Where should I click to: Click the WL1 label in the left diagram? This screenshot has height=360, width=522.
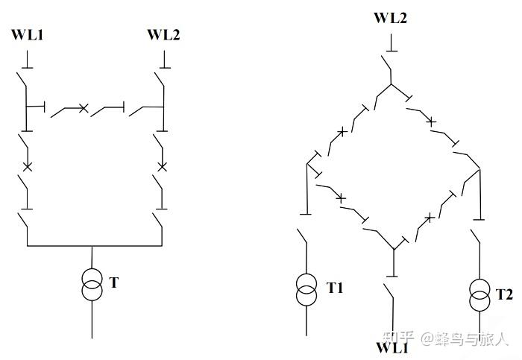28,34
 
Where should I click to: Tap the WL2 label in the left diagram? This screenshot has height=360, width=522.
163,34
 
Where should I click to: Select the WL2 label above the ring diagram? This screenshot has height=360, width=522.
390,17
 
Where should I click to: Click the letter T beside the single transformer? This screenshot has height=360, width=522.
113,282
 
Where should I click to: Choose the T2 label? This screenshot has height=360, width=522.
504,294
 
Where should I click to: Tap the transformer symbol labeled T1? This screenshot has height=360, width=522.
307,289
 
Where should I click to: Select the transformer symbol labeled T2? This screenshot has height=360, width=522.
479,295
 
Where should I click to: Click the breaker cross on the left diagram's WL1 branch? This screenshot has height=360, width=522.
28,165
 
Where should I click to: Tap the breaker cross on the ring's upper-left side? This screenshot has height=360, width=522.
342,132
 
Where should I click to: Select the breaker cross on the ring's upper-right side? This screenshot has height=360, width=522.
430,120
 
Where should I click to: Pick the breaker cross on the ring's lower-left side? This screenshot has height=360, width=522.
341,198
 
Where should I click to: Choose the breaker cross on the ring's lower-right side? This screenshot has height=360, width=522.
429,217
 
